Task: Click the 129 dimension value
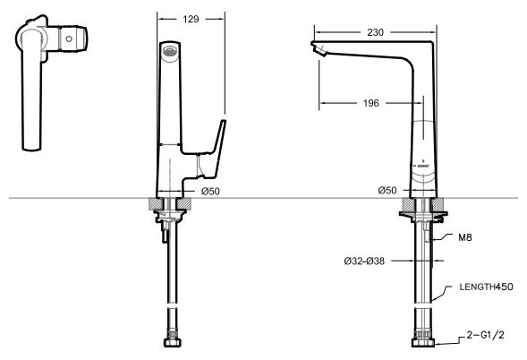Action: click(x=191, y=19)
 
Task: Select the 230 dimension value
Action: click(x=375, y=32)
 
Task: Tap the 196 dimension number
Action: click(x=370, y=103)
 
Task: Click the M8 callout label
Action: click(x=465, y=237)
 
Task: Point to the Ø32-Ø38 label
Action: click(x=364, y=261)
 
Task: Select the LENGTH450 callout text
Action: click(x=487, y=287)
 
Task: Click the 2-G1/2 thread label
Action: click(x=485, y=335)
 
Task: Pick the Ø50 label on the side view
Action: click(x=387, y=191)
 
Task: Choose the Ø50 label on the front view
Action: click(x=210, y=192)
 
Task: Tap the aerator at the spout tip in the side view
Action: click(x=319, y=50)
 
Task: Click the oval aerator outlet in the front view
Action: click(x=170, y=51)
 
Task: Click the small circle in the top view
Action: click(x=69, y=39)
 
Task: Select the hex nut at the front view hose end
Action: click(x=173, y=342)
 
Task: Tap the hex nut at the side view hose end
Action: click(x=423, y=342)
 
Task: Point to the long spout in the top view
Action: click(x=32, y=90)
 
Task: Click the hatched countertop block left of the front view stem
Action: click(x=155, y=204)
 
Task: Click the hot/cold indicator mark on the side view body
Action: click(x=423, y=165)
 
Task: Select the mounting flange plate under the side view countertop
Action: click(x=423, y=214)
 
